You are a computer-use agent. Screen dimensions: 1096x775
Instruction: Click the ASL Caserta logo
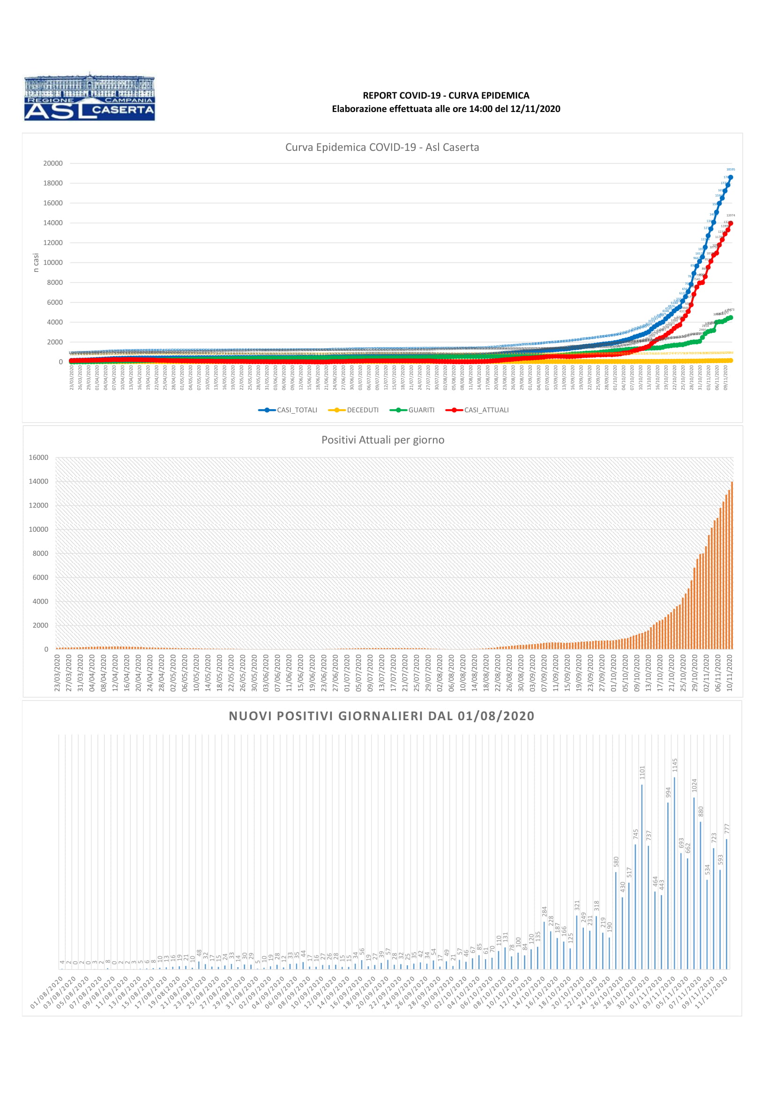(x=89, y=97)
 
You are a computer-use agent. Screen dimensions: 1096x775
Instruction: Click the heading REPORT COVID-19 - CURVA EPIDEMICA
(x=446, y=96)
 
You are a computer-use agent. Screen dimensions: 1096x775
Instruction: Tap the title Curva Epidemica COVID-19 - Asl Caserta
(x=382, y=148)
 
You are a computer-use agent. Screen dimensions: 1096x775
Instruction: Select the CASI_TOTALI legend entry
(x=288, y=410)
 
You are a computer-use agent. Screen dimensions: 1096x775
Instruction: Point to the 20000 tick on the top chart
(x=53, y=163)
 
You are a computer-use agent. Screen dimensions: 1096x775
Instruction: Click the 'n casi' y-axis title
(x=36, y=262)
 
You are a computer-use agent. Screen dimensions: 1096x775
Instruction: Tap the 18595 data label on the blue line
(x=730, y=170)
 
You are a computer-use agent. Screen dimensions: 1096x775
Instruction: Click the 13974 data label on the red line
(x=730, y=215)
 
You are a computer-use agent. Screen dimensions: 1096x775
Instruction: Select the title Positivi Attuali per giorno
(x=383, y=440)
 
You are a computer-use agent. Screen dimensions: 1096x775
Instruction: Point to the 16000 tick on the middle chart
(x=38, y=457)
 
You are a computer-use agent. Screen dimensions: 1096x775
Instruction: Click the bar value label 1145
(x=675, y=765)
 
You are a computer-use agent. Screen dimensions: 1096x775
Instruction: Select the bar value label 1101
(x=642, y=773)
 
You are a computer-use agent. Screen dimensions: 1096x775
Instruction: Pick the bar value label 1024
(x=694, y=786)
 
